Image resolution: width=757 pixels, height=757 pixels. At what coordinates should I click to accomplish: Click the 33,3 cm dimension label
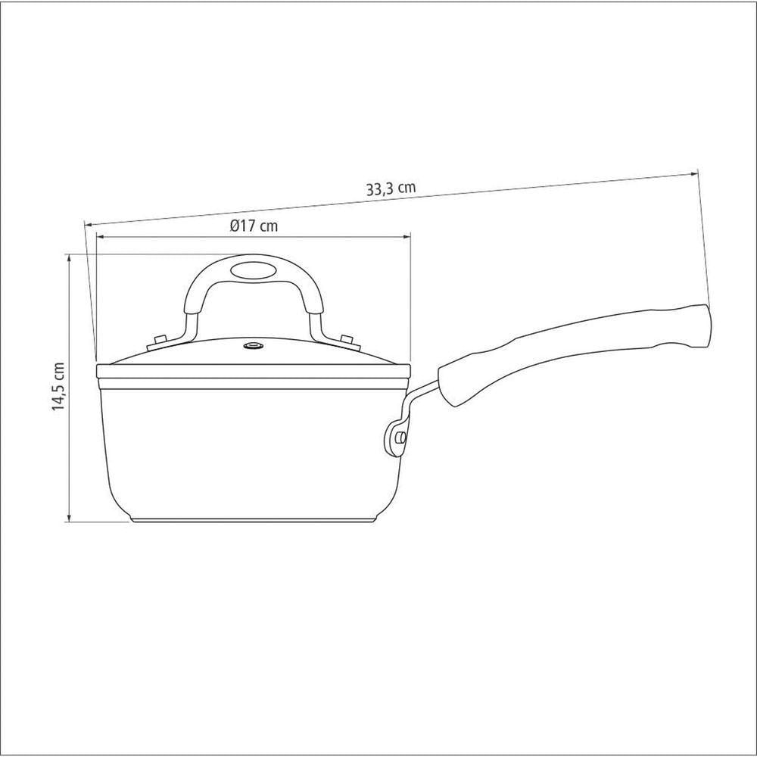coord(391,188)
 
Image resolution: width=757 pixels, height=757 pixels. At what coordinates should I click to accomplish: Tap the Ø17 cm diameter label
coord(254,226)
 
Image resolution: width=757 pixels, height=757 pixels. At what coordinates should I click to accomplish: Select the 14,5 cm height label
coord(58,386)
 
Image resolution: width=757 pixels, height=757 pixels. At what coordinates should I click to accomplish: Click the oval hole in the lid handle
coord(254,270)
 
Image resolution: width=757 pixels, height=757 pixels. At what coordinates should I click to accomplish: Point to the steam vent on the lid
coord(254,346)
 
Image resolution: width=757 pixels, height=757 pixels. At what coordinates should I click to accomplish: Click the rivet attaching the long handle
coord(400,438)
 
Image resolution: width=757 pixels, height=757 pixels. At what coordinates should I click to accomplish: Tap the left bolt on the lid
coord(159,340)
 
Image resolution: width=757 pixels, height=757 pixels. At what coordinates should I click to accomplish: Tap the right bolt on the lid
coord(347,339)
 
